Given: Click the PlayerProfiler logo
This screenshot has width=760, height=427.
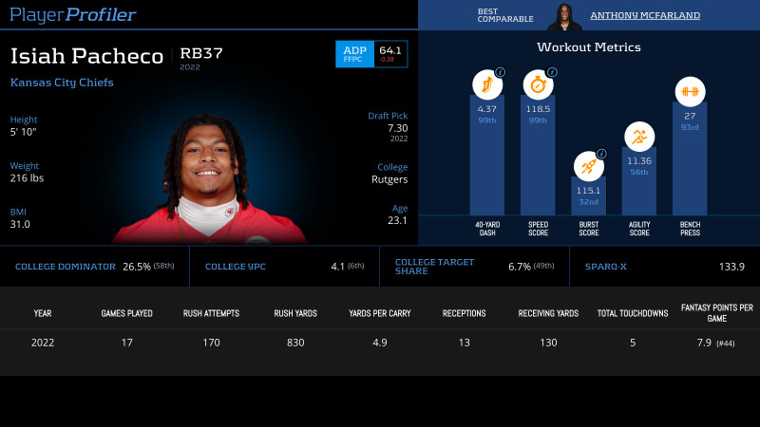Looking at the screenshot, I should point(72,14).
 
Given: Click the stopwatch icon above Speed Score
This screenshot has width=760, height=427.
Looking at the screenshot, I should point(538,84).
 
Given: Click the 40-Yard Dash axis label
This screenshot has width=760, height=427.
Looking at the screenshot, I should point(487,229).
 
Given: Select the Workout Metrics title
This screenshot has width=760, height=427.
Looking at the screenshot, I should point(589,46).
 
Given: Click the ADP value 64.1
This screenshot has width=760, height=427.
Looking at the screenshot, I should point(389,49).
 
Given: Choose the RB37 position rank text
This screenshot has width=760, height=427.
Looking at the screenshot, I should point(201,53).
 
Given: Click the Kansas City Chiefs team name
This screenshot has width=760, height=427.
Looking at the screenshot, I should point(62,83).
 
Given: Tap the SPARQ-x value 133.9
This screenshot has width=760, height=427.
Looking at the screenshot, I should point(731,267).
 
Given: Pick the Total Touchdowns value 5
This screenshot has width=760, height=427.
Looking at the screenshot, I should point(632,343).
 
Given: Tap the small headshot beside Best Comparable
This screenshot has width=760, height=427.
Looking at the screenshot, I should point(564,15).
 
